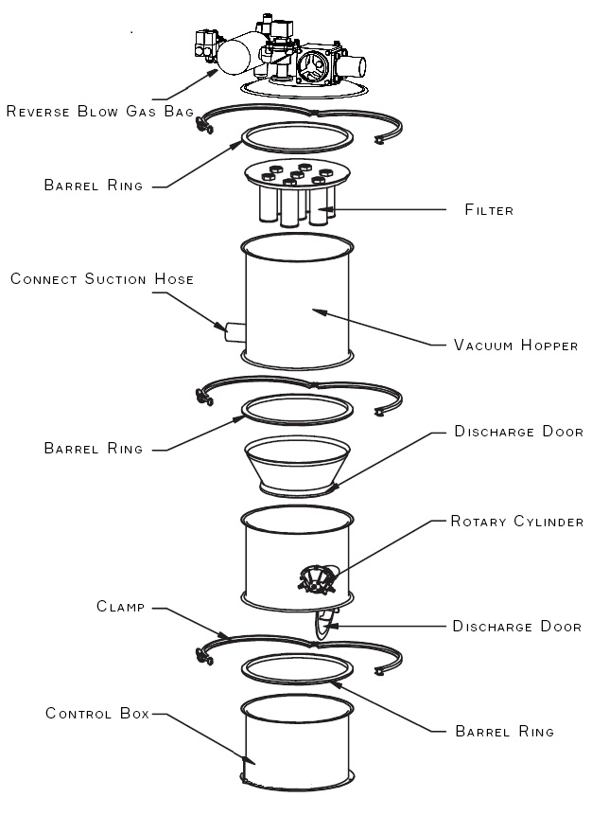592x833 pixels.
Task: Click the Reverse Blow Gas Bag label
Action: coord(100,112)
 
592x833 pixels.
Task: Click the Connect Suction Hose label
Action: coord(102,279)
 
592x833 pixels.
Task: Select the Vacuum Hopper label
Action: coord(515,346)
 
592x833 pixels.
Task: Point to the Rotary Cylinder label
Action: coord(516,522)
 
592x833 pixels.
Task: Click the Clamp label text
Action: coord(119,607)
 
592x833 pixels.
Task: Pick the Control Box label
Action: coord(97,713)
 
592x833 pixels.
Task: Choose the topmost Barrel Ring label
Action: coord(94,186)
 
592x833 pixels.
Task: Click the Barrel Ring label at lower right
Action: coord(504,732)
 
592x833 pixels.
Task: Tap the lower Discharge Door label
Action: coord(516,627)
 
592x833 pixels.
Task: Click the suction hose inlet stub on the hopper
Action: coord(235,332)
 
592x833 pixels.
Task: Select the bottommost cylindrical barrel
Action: coord(298,743)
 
